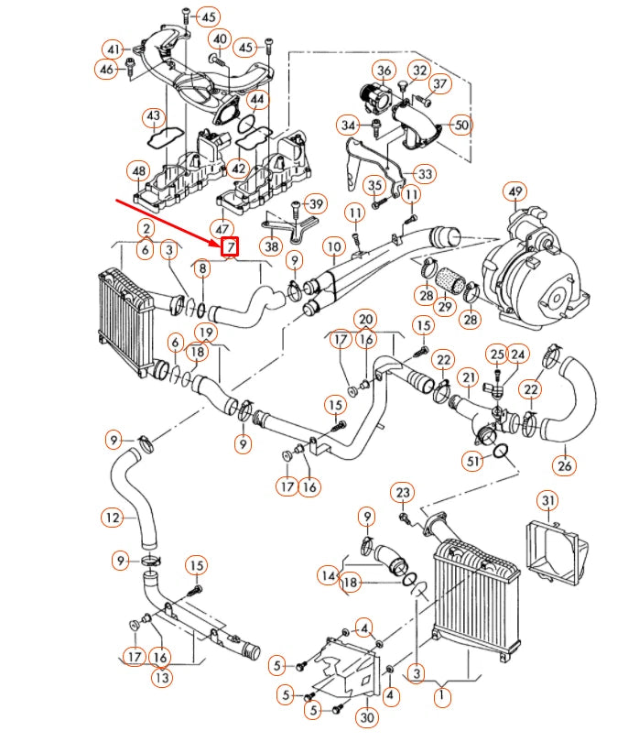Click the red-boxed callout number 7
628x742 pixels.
[230, 246]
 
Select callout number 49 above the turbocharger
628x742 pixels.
[516, 191]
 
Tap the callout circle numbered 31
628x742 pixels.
[547, 500]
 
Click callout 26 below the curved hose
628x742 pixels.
[565, 465]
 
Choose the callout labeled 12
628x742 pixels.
[112, 518]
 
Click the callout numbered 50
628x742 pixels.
[460, 125]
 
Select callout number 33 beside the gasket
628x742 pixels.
[425, 174]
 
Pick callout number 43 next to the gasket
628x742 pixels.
[153, 116]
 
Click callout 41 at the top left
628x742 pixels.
[114, 49]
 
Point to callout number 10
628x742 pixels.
[334, 246]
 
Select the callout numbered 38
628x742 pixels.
[270, 246]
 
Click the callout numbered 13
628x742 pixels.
[161, 679]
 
